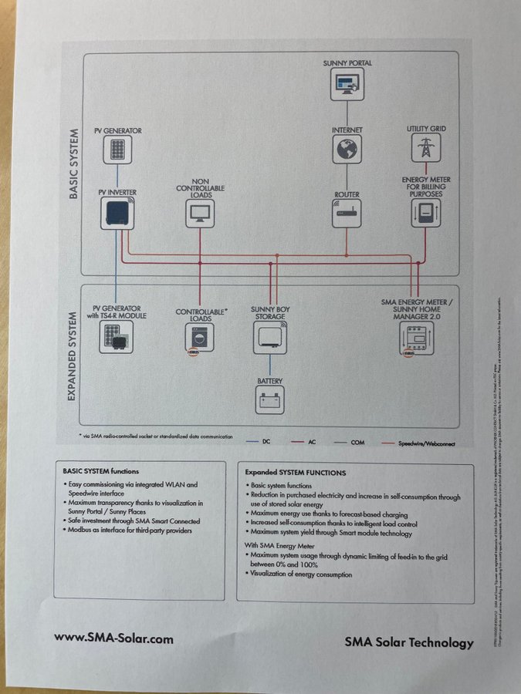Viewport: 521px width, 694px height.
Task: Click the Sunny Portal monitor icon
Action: tap(347, 83)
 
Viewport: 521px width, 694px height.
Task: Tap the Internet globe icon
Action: tap(347, 150)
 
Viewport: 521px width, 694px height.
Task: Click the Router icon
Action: tap(347, 213)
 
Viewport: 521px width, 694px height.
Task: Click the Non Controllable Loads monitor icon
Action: tap(200, 213)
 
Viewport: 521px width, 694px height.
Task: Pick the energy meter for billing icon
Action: tap(426, 214)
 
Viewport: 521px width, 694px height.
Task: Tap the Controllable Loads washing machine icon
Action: tap(200, 337)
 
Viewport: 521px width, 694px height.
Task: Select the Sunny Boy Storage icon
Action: tap(269, 337)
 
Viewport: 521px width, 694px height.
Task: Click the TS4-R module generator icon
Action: tap(116, 337)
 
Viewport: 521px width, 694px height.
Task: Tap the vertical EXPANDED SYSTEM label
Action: tap(72, 355)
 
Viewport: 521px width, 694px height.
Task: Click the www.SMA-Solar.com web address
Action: tap(113, 638)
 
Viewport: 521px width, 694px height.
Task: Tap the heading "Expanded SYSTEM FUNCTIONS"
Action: tap(296, 472)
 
